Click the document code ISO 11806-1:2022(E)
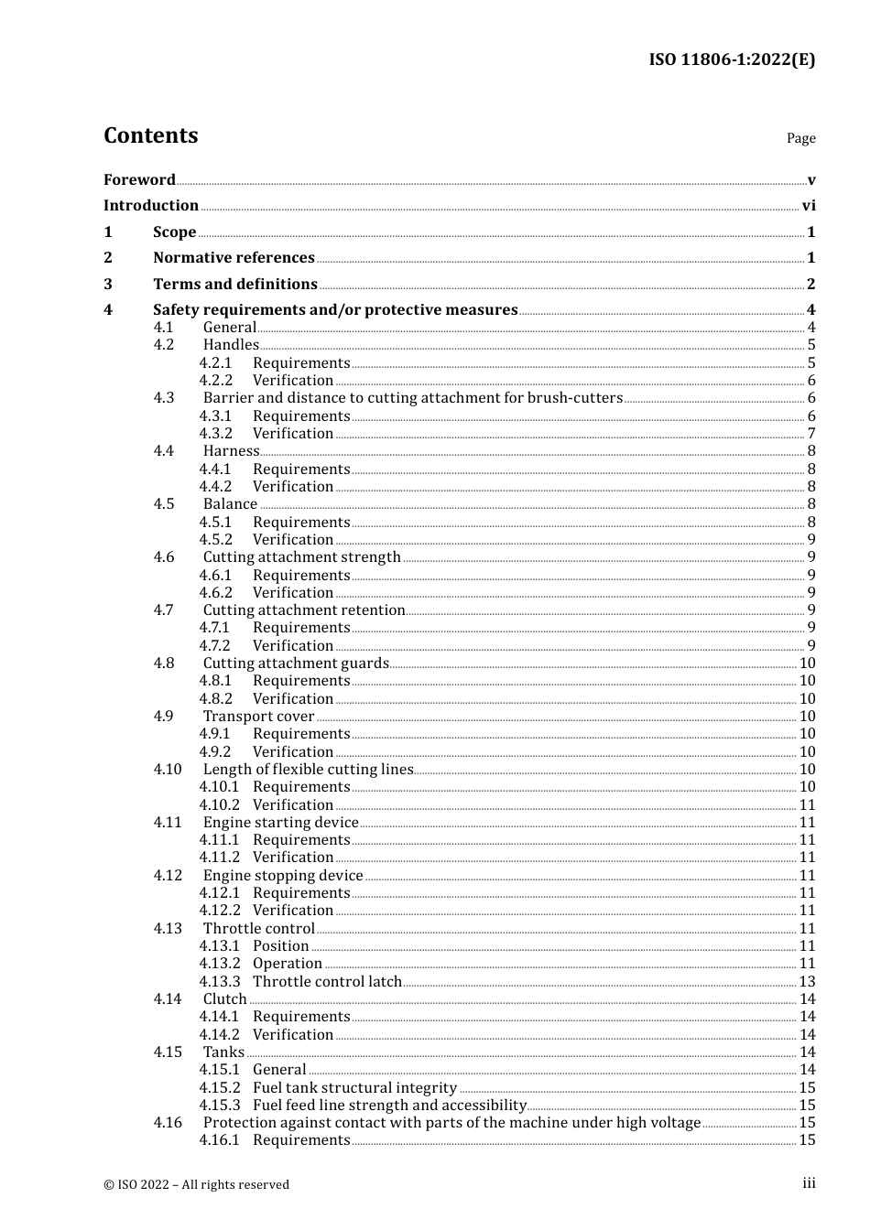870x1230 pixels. pos(732,59)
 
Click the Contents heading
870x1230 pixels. pos(150,135)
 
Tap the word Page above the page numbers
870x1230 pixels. pos(800,138)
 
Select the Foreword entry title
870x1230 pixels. pos(139,179)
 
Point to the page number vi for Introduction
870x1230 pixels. pos(809,206)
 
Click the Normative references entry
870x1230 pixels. pos(234,258)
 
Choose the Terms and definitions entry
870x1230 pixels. pos(235,284)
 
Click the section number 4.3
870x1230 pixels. pos(164,398)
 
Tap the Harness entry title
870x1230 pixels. pos(231,451)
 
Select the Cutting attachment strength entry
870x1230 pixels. pos(301,557)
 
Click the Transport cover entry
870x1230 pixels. pos(258,717)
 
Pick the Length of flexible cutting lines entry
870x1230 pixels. pos(308,770)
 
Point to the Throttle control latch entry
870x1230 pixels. pos(327,982)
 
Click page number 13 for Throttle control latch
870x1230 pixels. pos(807,982)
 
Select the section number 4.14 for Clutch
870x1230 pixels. pos(168,999)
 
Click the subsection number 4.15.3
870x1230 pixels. pos(220,1106)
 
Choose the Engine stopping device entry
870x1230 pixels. pos(283,876)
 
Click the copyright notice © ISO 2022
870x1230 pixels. pos(196,1184)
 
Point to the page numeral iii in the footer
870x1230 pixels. pos(809,1183)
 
